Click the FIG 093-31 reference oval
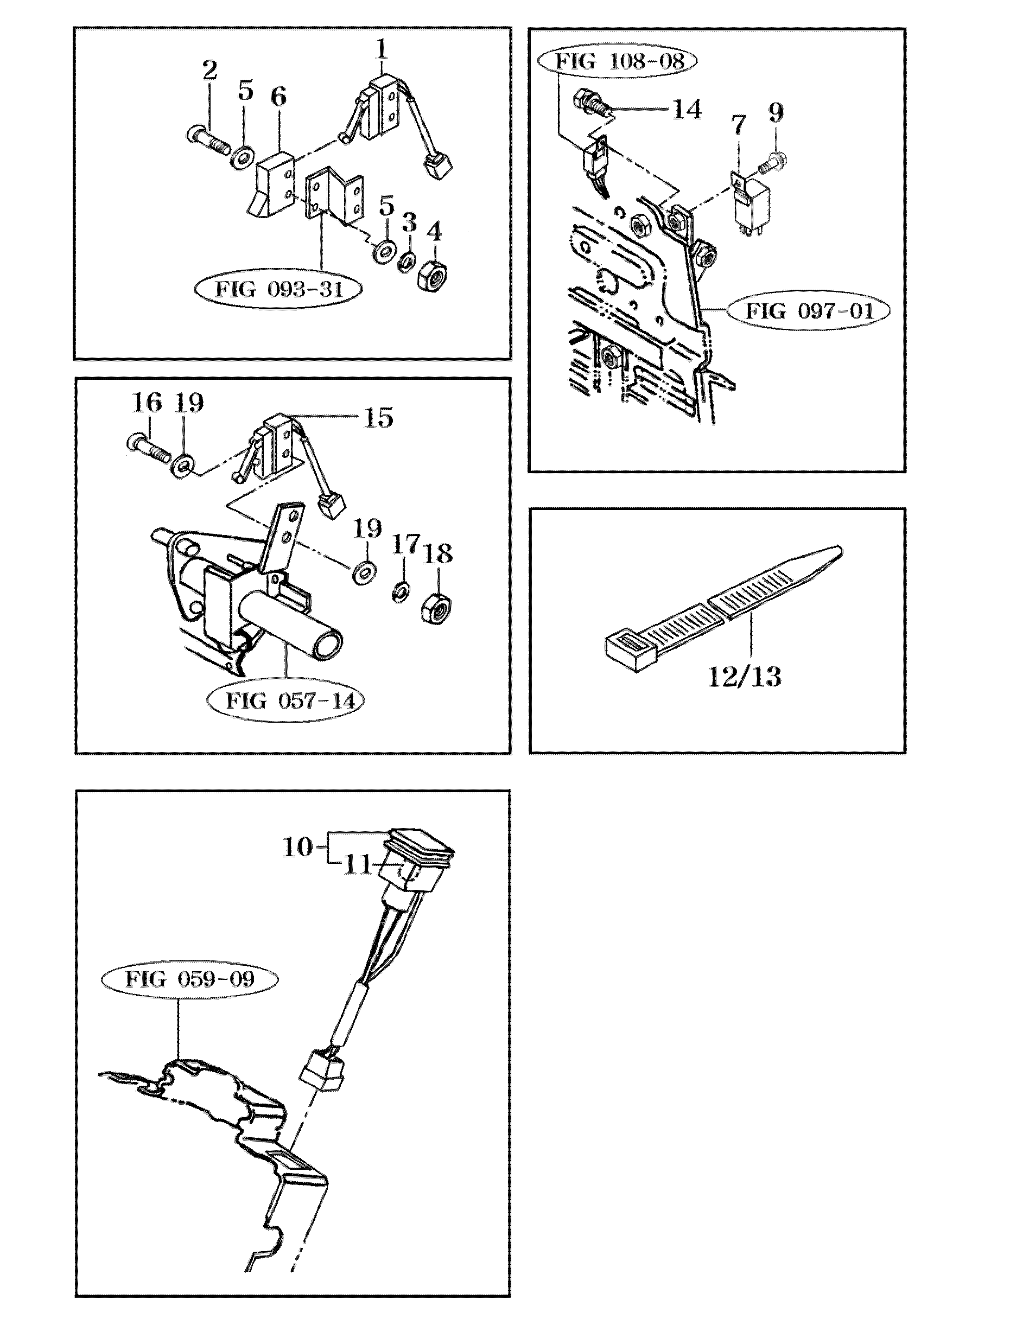pos(278,289)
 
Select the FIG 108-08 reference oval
pos(618,62)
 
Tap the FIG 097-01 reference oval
pos(809,311)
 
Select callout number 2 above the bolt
pos(209,71)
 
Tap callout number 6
pos(279,97)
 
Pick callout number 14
pos(687,110)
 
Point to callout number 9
pos(776,113)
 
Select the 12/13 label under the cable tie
pos(744,677)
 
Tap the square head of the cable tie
pos(631,651)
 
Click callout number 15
pos(378,418)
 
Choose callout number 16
pos(147,404)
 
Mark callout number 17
pos(406,544)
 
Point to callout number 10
pos(297,848)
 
